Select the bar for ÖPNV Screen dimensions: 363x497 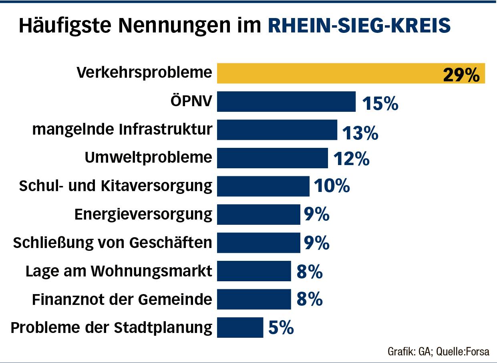click(286, 101)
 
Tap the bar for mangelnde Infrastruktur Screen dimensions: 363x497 click(277, 130)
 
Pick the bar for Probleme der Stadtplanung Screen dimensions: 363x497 click(240, 327)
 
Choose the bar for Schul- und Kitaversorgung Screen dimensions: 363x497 click(263, 186)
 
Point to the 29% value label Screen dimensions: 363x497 click(461, 75)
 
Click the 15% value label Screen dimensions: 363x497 click(380, 103)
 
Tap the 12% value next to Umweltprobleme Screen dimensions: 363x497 click(351, 159)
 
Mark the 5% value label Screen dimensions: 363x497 click(281, 329)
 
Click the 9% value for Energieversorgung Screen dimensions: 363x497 click(316, 215)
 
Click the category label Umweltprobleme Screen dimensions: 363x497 click(148, 157)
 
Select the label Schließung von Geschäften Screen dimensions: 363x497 click(113, 242)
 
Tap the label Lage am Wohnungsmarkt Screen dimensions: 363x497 click(119, 271)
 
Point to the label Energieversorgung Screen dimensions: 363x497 click(143, 214)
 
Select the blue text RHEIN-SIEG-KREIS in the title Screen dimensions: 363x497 click(359, 26)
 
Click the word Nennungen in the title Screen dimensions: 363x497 click(169, 26)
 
